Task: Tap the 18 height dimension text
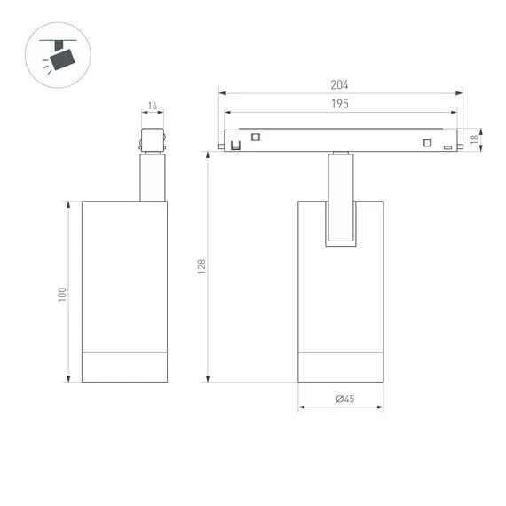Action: [x=476, y=138]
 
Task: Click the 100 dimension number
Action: [x=63, y=293]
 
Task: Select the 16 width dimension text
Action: [x=153, y=107]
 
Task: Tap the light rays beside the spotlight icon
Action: [x=44, y=66]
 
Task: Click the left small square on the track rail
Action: [x=256, y=137]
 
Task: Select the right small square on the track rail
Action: [x=427, y=143]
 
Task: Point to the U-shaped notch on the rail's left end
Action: [x=235, y=145]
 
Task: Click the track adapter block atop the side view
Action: [x=152, y=141]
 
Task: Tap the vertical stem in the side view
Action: [x=152, y=178]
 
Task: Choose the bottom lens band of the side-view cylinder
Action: [x=124, y=368]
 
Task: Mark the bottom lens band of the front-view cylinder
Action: [x=341, y=368]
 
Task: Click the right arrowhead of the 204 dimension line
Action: [x=461, y=92]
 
